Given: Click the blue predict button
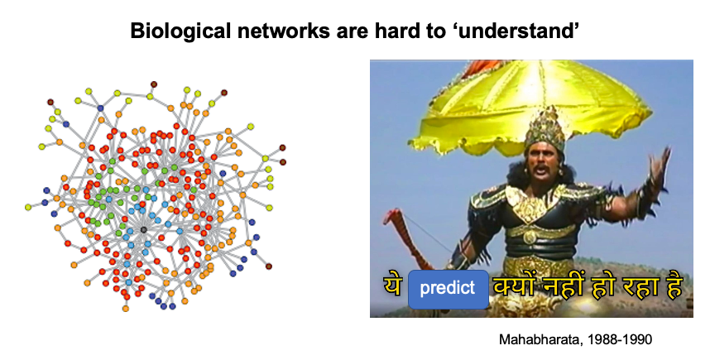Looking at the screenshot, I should (448, 288).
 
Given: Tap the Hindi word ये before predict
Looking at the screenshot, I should (392, 288).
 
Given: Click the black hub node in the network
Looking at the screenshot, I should (143, 229).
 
